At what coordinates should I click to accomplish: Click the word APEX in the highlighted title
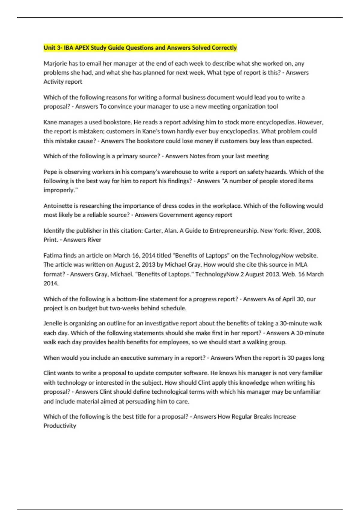(x=82, y=48)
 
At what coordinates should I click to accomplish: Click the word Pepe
(x=50, y=172)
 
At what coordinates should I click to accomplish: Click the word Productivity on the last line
(x=60, y=426)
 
